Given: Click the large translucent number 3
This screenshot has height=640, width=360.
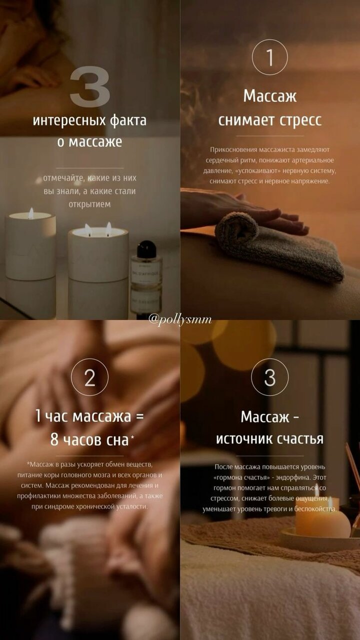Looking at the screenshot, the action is click(x=89, y=86).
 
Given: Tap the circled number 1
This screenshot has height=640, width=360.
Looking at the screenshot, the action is click(x=269, y=57).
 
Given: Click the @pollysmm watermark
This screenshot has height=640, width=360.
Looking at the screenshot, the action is click(x=180, y=319).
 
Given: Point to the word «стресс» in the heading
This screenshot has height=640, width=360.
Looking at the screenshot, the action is click(x=300, y=120).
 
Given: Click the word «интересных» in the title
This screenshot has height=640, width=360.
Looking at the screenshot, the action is click(x=69, y=120).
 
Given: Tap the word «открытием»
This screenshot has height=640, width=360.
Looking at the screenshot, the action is click(x=89, y=204).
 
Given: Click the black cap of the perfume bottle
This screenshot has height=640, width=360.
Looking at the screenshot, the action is click(x=146, y=249).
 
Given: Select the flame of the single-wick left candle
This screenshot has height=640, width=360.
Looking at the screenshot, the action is click(x=31, y=213).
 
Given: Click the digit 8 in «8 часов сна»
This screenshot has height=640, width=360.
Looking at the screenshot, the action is click(x=54, y=439).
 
